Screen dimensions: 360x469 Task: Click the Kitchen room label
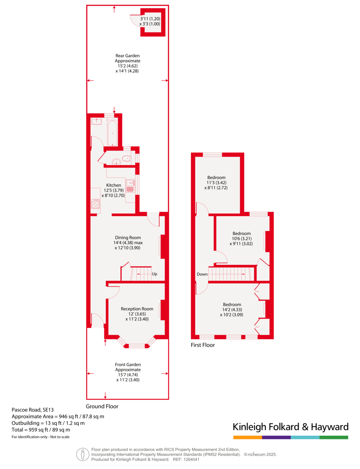[113, 185]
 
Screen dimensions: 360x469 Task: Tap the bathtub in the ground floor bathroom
[113, 134]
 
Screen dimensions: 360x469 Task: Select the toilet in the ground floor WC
[127, 159]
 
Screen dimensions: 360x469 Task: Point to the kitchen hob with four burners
[95, 204]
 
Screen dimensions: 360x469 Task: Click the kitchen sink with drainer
[130, 186]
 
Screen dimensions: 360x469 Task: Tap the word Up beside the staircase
[154, 274]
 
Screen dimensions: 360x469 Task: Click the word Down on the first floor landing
[202, 274]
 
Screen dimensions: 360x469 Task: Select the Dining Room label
[128, 238]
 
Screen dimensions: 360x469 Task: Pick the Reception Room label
[137, 309]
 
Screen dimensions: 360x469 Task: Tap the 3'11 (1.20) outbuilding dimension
[150, 19]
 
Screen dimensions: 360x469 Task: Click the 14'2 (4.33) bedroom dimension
[232, 310]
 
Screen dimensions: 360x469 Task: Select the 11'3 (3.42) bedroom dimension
[216, 183]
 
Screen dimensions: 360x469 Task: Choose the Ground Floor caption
[102, 406]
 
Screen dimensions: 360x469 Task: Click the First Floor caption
[202, 345]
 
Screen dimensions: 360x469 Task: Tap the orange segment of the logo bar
[247, 437]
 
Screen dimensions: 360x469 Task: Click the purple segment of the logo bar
[276, 437]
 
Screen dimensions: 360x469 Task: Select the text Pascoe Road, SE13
[32, 410]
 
